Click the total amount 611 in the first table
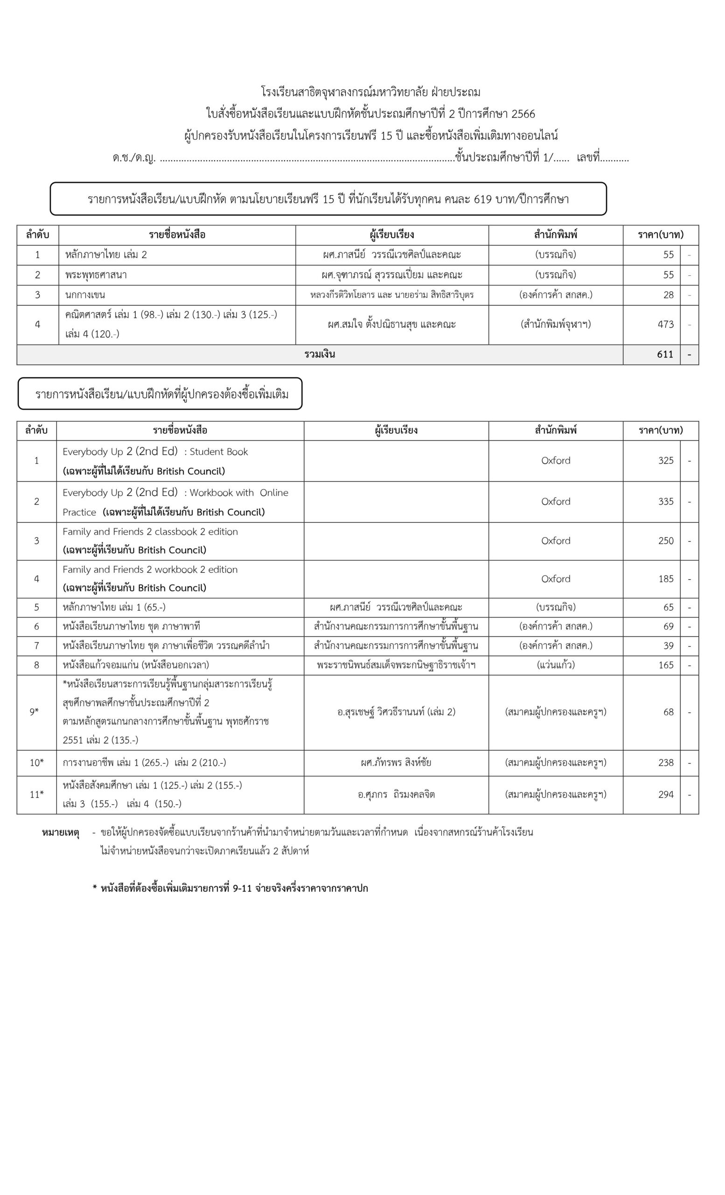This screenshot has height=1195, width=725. [665, 354]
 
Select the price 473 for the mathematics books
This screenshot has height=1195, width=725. [665, 324]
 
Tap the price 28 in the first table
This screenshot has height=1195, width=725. [668, 295]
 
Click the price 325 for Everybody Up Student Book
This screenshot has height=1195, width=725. [665, 461]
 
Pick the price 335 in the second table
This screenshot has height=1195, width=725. [665, 501]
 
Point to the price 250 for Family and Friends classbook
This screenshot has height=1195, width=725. [665, 541]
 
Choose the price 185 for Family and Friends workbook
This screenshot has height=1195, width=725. [665, 579]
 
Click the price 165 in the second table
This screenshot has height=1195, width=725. [665, 665]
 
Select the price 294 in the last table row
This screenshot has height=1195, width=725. [665, 794]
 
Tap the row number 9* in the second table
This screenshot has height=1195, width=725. [34, 712]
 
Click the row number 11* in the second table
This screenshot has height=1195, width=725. [36, 794]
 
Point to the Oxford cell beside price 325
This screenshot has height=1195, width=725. [555, 461]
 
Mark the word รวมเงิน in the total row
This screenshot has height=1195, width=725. [320, 354]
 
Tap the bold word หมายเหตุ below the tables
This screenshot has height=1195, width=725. [61, 833]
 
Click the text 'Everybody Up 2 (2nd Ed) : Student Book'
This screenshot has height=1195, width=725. [155, 451]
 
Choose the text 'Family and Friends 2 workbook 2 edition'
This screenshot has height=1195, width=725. [150, 569]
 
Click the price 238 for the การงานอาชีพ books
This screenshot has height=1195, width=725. [665, 763]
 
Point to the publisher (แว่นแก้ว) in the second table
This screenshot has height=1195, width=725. [555, 665]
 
